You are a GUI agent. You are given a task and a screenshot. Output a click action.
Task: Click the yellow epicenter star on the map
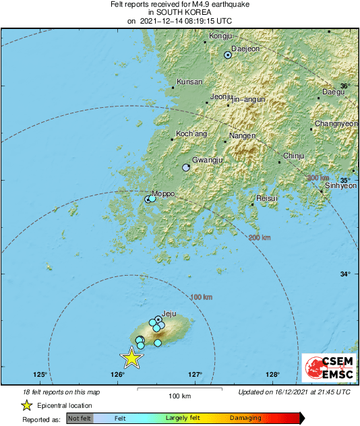coord(132,358)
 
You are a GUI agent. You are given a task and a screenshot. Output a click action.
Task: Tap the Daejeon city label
coord(245,49)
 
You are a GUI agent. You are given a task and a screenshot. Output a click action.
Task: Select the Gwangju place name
coord(207,160)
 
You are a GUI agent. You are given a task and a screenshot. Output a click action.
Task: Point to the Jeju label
coord(170,313)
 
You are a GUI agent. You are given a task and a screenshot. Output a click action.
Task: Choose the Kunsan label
coord(189,82)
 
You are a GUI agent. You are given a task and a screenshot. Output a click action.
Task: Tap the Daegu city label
coord(333,92)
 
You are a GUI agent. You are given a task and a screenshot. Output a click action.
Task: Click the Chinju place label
coord(293,156)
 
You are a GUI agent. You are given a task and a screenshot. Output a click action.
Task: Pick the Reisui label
coord(268,198)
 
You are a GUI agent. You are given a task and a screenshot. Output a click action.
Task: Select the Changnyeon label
coord(336,124)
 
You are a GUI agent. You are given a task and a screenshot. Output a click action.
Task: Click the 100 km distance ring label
coord(202,297)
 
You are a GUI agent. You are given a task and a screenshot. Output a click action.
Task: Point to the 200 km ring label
coord(260,238)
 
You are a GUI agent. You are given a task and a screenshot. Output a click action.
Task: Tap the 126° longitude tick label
coord(118,375)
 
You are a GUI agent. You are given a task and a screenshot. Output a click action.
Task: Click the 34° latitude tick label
coord(344,274)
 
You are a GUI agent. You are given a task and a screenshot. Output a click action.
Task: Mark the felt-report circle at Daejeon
coord(228,55)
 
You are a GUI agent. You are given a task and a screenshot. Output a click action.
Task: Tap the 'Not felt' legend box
coord(80,419)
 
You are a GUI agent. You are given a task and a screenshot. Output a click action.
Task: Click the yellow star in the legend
coord(26,405)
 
